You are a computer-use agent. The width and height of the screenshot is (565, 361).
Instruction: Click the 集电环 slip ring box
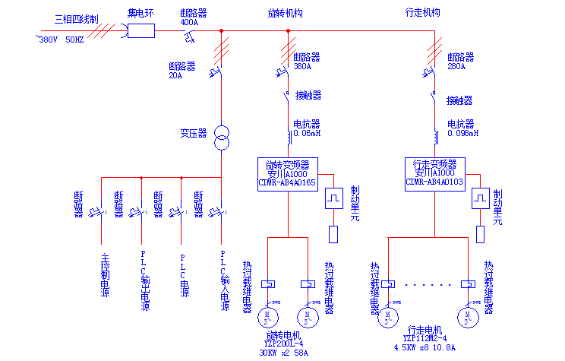(x=141, y=30)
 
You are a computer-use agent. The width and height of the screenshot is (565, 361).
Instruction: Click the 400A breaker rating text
(x=189, y=23)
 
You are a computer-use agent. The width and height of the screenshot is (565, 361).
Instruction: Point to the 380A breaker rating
(x=303, y=66)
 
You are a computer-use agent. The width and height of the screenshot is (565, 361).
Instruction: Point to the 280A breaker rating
(x=456, y=66)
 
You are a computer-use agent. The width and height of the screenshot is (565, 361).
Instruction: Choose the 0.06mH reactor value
(x=308, y=133)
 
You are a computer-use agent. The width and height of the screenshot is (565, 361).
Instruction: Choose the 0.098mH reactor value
(x=462, y=133)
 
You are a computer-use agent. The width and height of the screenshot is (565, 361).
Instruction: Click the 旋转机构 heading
(x=286, y=13)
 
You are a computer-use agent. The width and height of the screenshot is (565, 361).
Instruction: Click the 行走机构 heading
(x=423, y=13)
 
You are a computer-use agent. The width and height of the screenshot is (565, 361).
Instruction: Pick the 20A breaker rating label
(x=175, y=75)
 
